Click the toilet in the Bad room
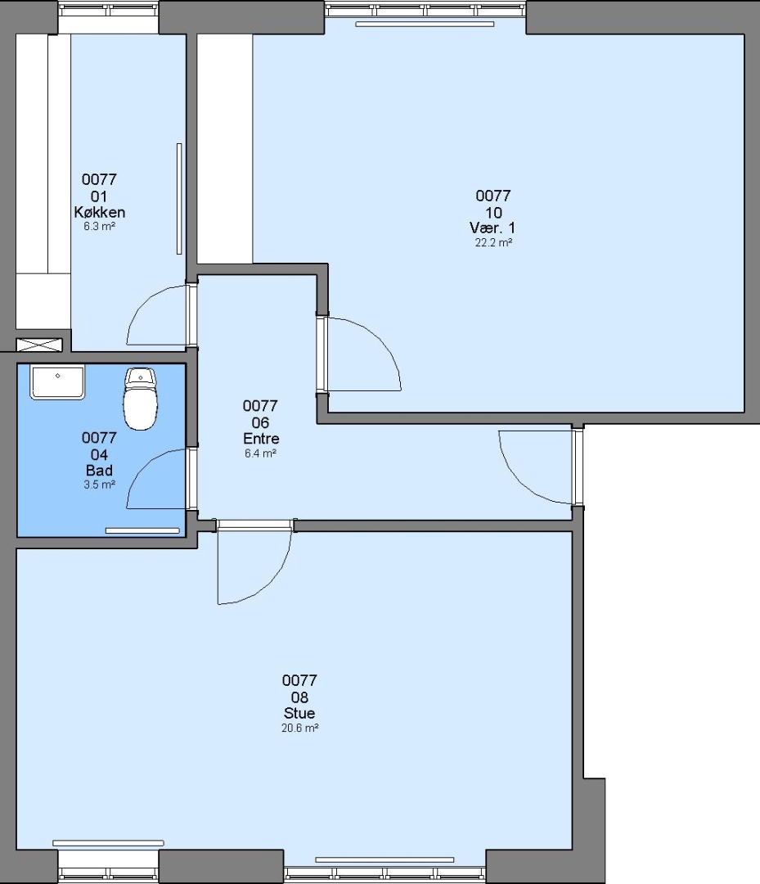[x=140, y=399]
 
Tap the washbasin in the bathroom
[x=57, y=381]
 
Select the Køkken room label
[x=99, y=212]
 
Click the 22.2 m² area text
[x=493, y=243]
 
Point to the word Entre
[x=261, y=438]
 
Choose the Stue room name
[x=299, y=713]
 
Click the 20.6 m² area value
[x=299, y=728]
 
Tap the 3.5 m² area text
[x=100, y=485]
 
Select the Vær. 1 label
[x=492, y=228]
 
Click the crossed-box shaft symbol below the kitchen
[x=39, y=345]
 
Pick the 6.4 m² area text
[x=260, y=453]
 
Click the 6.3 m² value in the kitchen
[x=100, y=226]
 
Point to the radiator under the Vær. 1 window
[x=425, y=25]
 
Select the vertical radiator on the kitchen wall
[x=179, y=198]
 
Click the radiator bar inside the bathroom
[x=142, y=530]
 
